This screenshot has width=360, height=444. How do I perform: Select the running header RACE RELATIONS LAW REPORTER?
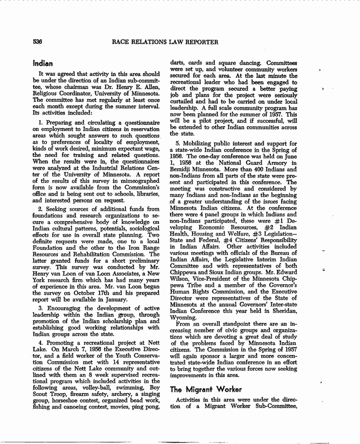[165, 42]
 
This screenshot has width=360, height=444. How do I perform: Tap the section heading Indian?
[42, 63]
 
